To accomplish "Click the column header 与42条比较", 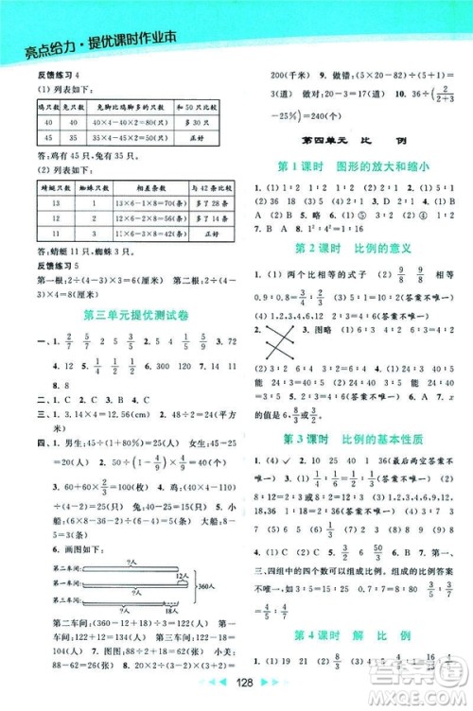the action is click(203, 188).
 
